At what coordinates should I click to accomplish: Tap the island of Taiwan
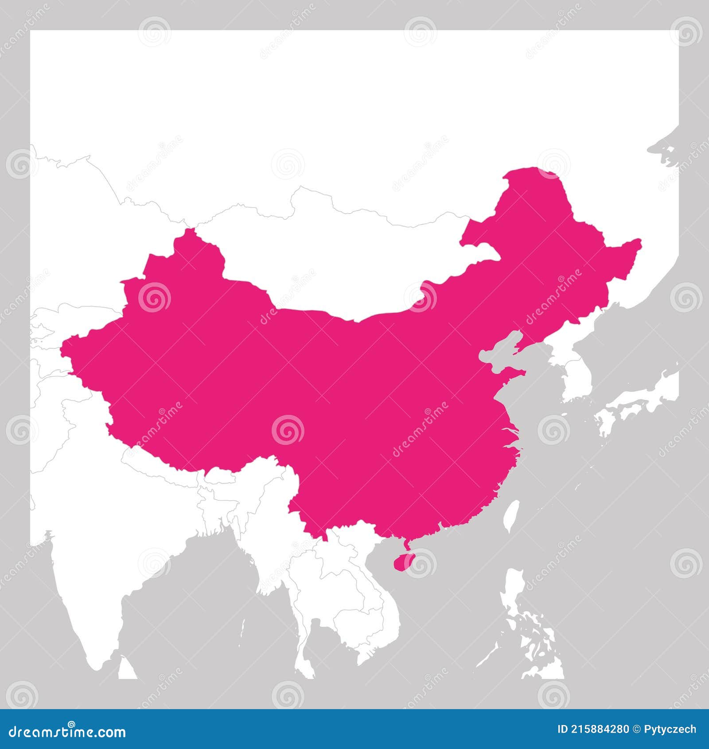(x=512, y=516)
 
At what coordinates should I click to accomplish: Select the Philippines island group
(x=532, y=638)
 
